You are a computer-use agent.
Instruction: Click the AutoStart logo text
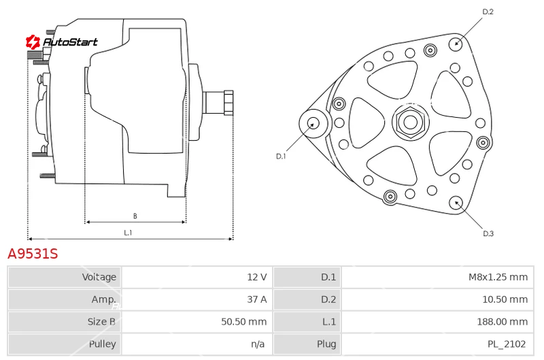point(70,42)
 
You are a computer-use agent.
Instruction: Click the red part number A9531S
point(33,254)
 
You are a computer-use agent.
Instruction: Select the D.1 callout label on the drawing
point(281,157)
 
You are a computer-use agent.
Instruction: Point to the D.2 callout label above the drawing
point(488,12)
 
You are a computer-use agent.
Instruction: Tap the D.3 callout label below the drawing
point(488,233)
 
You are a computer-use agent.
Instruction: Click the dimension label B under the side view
point(135,216)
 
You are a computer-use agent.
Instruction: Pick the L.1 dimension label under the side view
point(128,233)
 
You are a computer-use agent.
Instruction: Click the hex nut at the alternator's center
point(411,122)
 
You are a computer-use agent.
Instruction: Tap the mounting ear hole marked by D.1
point(313,124)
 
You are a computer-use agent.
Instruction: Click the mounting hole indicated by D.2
point(456,44)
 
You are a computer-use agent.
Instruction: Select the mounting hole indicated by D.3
point(456,203)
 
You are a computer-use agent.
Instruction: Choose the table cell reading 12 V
point(257,277)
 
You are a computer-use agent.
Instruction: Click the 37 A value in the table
point(257,299)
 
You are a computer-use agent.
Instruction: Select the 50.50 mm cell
point(244,321)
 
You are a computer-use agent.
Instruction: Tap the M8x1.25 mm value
point(498,277)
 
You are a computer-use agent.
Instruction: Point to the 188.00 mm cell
point(502,321)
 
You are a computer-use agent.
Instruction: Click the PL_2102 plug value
point(507,344)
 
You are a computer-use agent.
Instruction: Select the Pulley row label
point(103,344)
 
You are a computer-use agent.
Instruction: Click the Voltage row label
point(99,277)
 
